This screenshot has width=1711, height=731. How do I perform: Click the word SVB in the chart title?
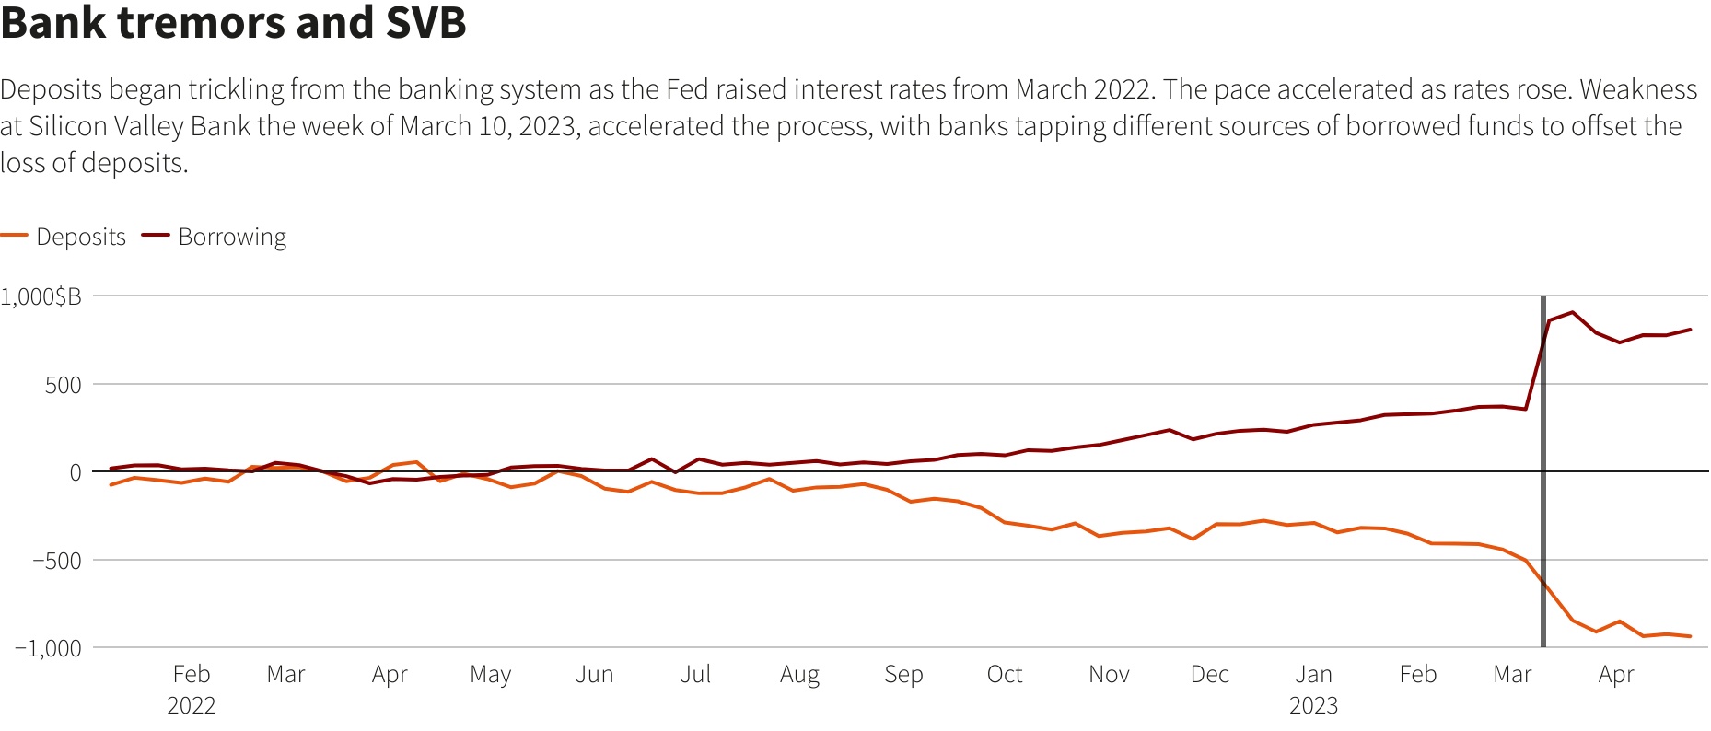pyautogui.click(x=425, y=22)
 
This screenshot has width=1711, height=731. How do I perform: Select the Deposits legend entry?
pyautogui.click(x=80, y=237)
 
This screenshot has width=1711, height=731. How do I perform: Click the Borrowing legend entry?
pyautogui.click(x=232, y=237)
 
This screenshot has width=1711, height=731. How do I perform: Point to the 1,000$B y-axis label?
pyautogui.click(x=41, y=296)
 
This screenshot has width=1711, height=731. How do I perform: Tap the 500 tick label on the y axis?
pyautogui.click(x=64, y=384)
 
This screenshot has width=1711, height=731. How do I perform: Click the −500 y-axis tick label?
pyautogui.click(x=57, y=560)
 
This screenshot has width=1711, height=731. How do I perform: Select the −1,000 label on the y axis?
pyautogui.click(x=49, y=648)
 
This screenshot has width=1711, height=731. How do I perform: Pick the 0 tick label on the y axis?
pyautogui.click(x=76, y=472)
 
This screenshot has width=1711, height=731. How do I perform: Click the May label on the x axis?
pyautogui.click(x=490, y=675)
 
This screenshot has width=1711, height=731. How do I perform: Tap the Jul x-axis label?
pyautogui.click(x=695, y=675)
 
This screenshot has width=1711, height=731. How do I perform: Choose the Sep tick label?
pyautogui.click(x=903, y=675)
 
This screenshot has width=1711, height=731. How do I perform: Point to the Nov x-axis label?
pyautogui.click(x=1109, y=675)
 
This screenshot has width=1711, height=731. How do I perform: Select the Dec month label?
pyautogui.click(x=1209, y=675)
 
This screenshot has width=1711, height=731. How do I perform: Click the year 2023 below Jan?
pyautogui.click(x=1313, y=706)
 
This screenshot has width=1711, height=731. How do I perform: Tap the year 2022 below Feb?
pyautogui.click(x=192, y=706)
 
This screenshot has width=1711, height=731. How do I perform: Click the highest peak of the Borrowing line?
pyautogui.click(x=1572, y=312)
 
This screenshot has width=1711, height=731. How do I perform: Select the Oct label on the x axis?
pyautogui.click(x=1005, y=675)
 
